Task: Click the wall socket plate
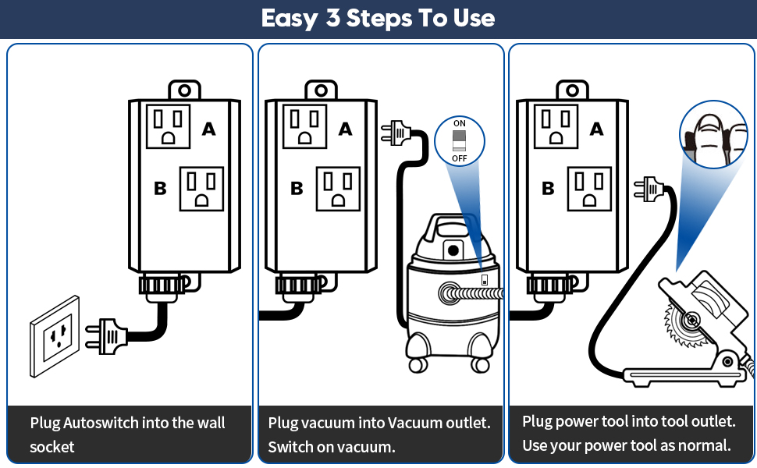click(x=55, y=337)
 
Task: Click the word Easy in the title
click(x=289, y=18)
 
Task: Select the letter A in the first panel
click(x=208, y=129)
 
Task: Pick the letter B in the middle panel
click(x=297, y=188)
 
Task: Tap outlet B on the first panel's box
click(x=201, y=189)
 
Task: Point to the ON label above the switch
click(x=459, y=124)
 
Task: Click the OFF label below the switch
click(x=459, y=158)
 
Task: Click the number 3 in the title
click(x=333, y=18)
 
